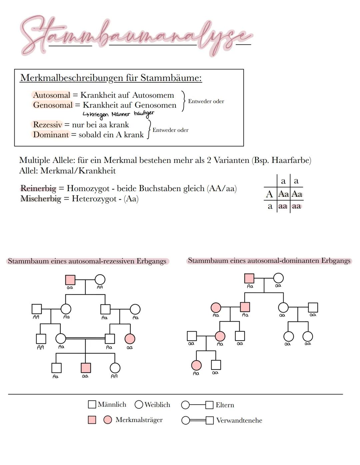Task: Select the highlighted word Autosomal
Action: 52,95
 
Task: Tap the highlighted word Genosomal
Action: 53,105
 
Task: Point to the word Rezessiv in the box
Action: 47,125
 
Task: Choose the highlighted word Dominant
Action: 51,135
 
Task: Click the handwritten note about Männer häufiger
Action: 118,114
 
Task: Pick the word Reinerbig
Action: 38,188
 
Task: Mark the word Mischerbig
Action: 41,199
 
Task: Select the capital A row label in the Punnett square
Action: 269,194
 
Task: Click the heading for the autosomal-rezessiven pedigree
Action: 87,261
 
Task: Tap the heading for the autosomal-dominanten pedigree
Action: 269,261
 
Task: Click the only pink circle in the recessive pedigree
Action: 130,339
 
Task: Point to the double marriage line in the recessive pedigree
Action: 85,339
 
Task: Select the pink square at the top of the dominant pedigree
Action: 249,278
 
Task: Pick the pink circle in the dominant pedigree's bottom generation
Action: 196,365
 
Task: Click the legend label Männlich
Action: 112,405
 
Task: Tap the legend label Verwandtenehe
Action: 239,420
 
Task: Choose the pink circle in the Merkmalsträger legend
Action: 107,420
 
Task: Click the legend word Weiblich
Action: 157,405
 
